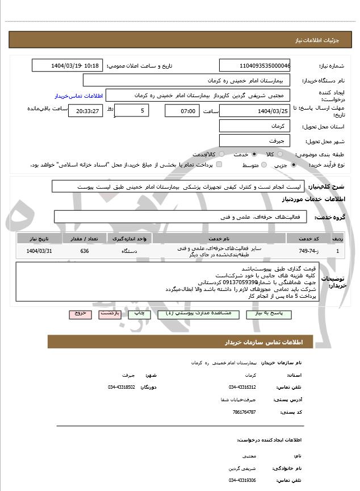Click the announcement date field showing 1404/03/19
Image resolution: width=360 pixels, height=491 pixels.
(x=68, y=65)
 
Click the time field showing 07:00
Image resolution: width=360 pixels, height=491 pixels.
(x=182, y=110)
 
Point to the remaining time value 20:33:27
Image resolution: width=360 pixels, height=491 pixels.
(x=86, y=110)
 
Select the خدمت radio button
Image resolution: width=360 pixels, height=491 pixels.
(x=253, y=154)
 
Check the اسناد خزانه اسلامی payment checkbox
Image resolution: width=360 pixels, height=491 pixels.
(x=219, y=165)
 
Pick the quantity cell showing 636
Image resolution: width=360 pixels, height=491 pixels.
(x=84, y=251)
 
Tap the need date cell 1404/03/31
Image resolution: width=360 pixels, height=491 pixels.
(x=39, y=251)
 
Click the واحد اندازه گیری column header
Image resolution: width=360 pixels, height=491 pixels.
(x=129, y=238)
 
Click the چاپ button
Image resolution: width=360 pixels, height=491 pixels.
(x=138, y=313)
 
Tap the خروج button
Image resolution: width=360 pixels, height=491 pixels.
(x=78, y=313)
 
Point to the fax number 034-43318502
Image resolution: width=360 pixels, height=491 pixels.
(x=122, y=387)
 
